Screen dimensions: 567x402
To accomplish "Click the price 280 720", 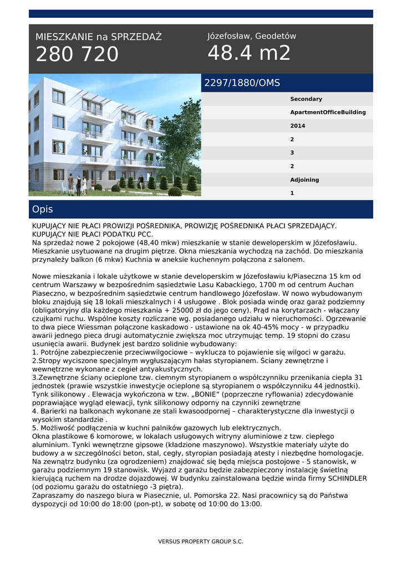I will pyautogui.click(x=77, y=54).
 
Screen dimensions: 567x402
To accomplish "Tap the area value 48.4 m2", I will pyautogui.click(x=249, y=53).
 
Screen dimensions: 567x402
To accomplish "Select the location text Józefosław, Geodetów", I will pyautogui.click(x=252, y=36).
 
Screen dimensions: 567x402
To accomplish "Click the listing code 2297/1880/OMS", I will pyautogui.click(x=242, y=83).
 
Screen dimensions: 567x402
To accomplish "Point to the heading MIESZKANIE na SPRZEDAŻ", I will pyautogui.click(x=99, y=37).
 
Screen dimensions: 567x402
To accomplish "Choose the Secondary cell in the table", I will pyautogui.click(x=306, y=99).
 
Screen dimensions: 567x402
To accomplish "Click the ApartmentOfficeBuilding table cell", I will pyautogui.click(x=328, y=112).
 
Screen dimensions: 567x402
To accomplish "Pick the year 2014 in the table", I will pyautogui.click(x=298, y=126).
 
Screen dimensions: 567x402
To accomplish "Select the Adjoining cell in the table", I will pyautogui.click(x=305, y=180).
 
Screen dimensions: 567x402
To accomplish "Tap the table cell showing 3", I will pyautogui.click(x=292, y=153).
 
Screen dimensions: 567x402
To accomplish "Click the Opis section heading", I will pyautogui.click(x=43, y=209).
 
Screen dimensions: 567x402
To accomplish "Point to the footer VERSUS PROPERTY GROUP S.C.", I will pyautogui.click(x=201, y=542).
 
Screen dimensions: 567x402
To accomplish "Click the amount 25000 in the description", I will pyautogui.click(x=216, y=310).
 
